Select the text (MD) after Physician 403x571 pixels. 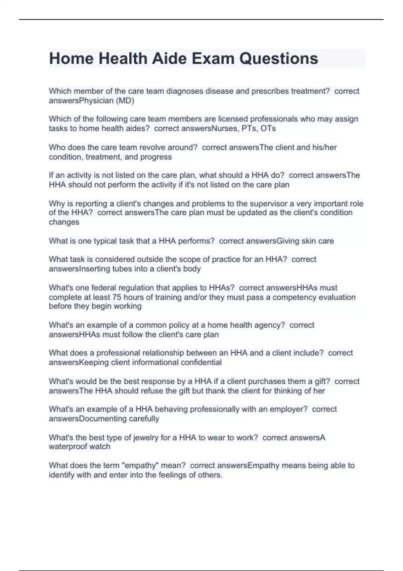(125, 101)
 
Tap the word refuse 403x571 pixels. (152, 391)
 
